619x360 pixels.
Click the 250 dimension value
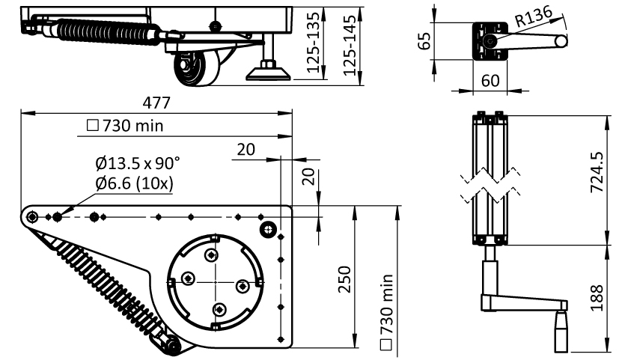pyautogui.click(x=344, y=279)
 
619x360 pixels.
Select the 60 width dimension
pyautogui.click(x=490, y=81)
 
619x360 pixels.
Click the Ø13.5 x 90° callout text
pyautogui.click(x=138, y=163)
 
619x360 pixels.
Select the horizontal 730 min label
pyautogui.click(x=125, y=126)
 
